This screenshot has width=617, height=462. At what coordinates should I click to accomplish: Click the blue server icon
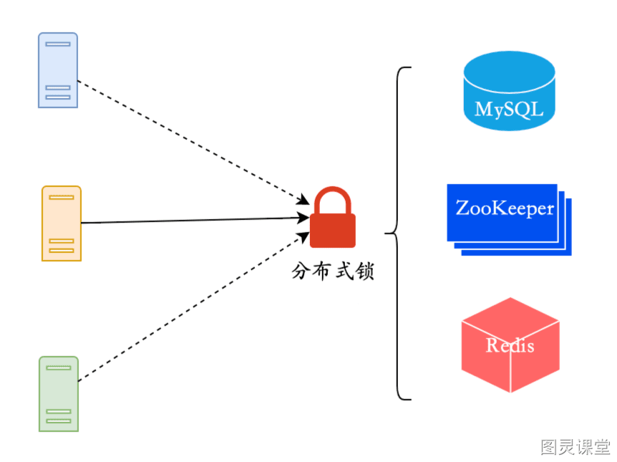point(58,70)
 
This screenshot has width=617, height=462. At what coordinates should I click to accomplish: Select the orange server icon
point(62,223)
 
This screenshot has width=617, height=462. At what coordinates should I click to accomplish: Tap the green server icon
point(59,394)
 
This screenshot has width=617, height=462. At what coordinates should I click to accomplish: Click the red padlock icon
point(333,217)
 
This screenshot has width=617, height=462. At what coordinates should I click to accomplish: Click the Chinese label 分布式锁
point(333,271)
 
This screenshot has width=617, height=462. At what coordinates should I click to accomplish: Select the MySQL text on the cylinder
point(509,109)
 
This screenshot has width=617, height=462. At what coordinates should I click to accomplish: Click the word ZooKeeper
point(505,208)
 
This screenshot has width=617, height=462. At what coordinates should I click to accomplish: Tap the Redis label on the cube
point(510,345)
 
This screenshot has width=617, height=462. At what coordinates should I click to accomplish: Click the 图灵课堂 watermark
point(575,447)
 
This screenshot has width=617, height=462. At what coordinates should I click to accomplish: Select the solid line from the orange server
point(195,220)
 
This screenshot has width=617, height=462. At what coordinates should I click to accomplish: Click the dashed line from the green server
point(193,307)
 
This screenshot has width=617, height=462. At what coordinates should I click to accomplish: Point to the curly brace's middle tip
point(385,234)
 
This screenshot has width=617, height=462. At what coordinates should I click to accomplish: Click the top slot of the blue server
point(58,44)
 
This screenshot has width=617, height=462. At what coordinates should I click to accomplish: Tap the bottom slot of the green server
point(59,421)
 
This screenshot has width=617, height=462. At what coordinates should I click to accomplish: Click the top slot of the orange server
point(62,197)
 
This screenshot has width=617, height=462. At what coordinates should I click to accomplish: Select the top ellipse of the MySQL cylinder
point(509,72)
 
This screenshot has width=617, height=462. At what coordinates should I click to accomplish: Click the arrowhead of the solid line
point(303,218)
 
